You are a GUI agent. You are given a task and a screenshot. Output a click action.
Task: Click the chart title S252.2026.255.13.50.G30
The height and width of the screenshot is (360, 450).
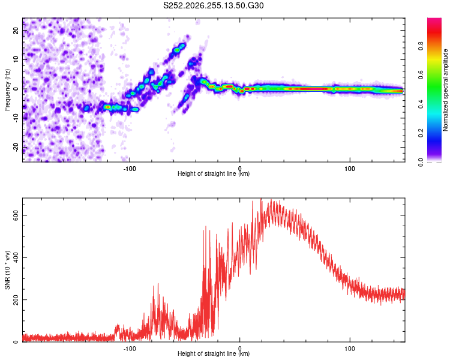pos(213,5)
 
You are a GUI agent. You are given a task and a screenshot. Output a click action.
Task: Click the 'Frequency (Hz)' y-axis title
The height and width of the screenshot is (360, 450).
pos(7,90)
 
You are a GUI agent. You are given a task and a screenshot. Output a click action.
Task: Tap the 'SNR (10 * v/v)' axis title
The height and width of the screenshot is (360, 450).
pos(7,270)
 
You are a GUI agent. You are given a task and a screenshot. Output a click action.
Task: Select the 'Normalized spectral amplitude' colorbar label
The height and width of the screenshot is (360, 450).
pos(445,90)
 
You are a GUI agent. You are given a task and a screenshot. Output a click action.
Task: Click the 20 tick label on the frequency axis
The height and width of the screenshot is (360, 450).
pos(16,30)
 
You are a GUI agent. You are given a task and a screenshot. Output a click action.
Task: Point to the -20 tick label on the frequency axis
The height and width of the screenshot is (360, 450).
pos(16,148)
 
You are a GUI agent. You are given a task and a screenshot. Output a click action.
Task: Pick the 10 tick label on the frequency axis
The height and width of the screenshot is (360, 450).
pos(16,59)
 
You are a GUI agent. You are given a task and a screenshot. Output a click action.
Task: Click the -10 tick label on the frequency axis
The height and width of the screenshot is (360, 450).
pos(16,118)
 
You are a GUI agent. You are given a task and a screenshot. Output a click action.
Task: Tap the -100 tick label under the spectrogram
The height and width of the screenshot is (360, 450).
pos(130,169)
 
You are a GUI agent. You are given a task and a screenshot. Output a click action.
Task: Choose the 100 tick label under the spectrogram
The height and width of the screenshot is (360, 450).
pos(350,169)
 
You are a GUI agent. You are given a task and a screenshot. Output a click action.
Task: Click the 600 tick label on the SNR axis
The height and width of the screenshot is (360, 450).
pos(16,215)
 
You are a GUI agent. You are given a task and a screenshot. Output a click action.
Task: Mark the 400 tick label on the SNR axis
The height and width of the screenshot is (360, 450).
pos(16,257)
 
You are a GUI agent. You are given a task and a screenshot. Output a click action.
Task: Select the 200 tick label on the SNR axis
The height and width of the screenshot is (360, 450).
pos(16,300)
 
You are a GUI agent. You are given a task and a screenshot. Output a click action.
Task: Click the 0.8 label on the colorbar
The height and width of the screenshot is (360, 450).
pos(421,46)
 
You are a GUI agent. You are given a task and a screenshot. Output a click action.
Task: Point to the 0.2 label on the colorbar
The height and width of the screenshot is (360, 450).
pos(421,133)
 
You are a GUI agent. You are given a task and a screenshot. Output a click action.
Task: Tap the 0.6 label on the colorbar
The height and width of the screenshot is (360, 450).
pos(421,75)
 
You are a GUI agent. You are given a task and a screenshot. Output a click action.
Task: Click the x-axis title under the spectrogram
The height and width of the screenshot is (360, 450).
pos(214,173)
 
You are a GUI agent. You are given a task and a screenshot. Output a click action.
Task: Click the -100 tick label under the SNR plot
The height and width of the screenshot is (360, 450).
pos(130,349)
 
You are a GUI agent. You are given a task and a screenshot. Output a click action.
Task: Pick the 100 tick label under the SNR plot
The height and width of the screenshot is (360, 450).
pos(350,349)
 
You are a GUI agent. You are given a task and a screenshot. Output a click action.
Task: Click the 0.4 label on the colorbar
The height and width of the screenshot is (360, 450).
pos(421,104)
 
